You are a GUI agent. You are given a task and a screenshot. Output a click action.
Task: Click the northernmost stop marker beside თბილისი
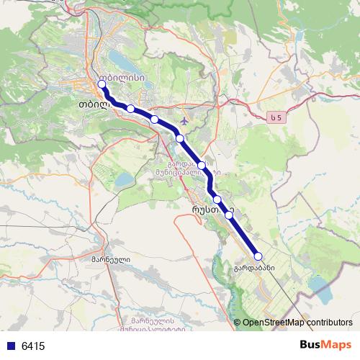(102, 84)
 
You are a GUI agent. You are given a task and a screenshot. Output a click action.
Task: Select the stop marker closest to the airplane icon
(180, 138)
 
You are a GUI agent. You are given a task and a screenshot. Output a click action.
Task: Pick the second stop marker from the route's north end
(130, 109)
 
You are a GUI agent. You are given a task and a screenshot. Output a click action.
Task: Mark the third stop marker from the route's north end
(154, 119)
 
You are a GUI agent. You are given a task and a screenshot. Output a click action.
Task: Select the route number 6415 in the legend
(33, 346)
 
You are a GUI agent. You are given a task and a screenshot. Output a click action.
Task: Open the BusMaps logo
(325, 345)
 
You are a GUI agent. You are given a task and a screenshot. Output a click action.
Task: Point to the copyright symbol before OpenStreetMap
(238, 323)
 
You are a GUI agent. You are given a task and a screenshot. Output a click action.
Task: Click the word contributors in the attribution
(327, 323)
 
